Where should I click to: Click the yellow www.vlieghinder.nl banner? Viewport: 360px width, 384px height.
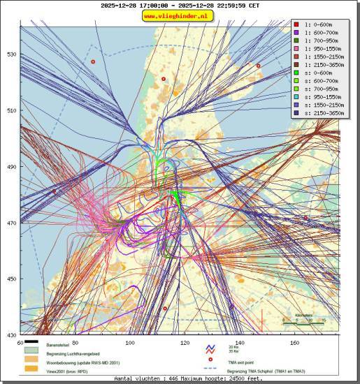click(x=180, y=16)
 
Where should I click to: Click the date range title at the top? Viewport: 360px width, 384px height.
click(x=180, y=6)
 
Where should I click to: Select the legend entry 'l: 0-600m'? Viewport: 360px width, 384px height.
click(x=319, y=24)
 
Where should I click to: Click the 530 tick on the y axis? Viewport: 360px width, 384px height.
click(x=12, y=54)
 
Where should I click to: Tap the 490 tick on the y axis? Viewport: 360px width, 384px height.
click(x=12, y=167)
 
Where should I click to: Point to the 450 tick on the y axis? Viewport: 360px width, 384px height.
click(x=12, y=279)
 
